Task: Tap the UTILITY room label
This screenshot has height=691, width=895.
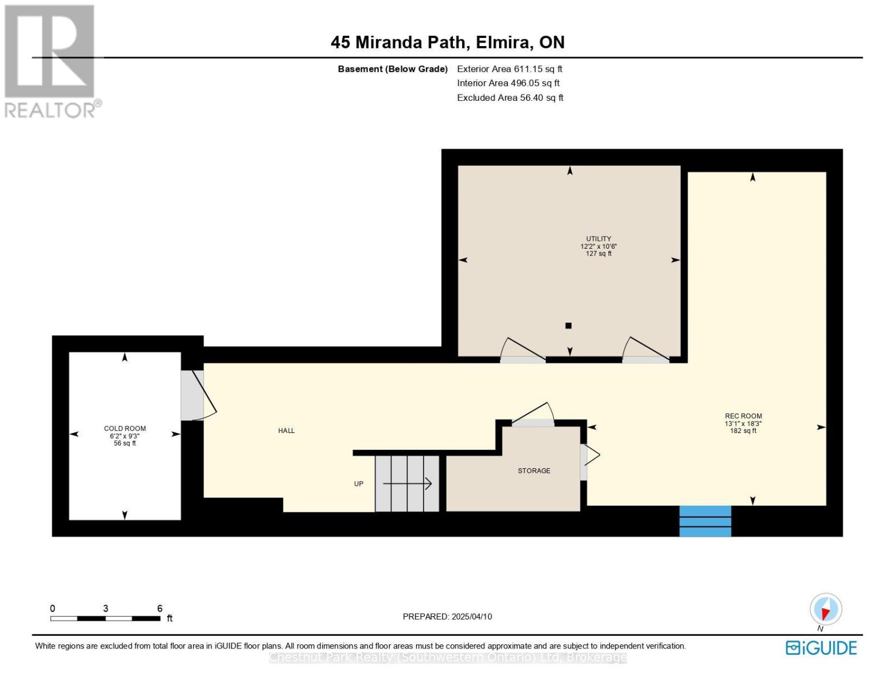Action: (598, 239)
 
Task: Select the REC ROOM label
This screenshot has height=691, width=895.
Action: (743, 416)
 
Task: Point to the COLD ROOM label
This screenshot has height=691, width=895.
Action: (125, 428)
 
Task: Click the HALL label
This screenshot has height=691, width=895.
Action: (286, 431)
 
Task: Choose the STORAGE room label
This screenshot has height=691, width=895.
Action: (534, 470)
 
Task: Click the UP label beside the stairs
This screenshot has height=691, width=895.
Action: (358, 484)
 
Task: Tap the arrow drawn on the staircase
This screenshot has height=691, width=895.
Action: (407, 483)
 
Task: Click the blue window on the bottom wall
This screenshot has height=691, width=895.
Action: (705, 521)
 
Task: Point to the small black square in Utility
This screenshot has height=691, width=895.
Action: (568, 325)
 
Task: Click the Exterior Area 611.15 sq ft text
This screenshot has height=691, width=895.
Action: (509, 69)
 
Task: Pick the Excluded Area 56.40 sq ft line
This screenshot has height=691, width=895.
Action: (510, 97)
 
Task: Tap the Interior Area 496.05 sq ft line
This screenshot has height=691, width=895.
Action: (508, 83)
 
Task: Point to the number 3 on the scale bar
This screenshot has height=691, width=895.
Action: (105, 608)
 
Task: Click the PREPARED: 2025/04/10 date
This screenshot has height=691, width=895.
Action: (447, 617)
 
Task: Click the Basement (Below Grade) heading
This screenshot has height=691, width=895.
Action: (392, 69)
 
